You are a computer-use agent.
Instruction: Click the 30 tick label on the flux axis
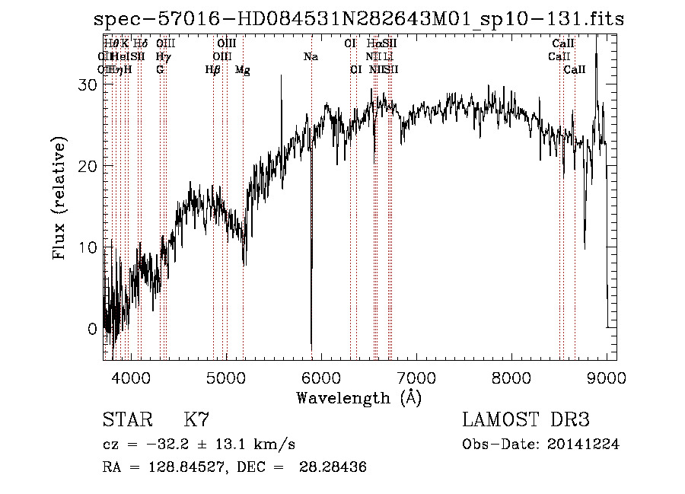click(88, 84)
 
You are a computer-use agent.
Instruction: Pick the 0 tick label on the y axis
click(92, 329)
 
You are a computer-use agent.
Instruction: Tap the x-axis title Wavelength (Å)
click(358, 397)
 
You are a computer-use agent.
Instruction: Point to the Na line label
click(311, 56)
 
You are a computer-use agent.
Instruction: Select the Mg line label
click(242, 70)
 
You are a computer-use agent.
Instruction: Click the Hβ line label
click(212, 70)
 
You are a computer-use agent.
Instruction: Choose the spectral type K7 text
click(196, 419)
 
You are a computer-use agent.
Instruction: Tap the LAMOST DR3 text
click(526, 419)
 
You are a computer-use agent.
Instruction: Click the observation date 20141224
click(583, 445)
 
